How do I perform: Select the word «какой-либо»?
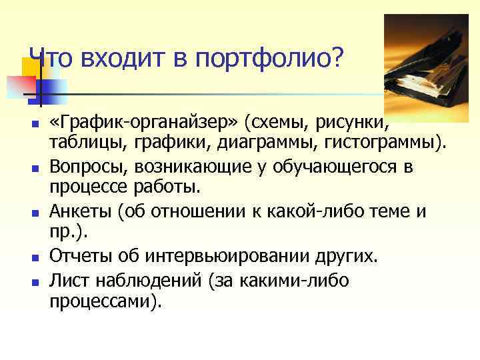322,211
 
